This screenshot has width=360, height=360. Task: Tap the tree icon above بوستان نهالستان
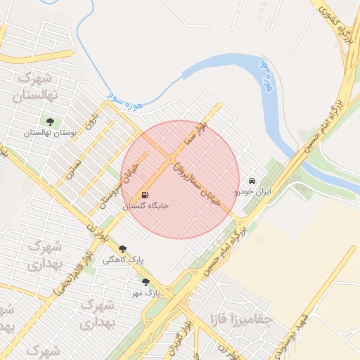coord(49,120)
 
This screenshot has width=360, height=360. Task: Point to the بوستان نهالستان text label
coord(49,133)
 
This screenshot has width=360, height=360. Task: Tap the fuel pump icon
coord(146,195)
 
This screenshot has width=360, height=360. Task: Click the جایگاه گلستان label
coord(146,207)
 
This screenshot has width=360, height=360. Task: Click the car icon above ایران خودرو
coord(252,179)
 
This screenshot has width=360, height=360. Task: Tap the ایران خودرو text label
coord(252,191)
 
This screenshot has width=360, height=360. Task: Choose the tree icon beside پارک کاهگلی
coord(123,248)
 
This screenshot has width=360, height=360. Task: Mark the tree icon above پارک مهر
coord(146,281)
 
